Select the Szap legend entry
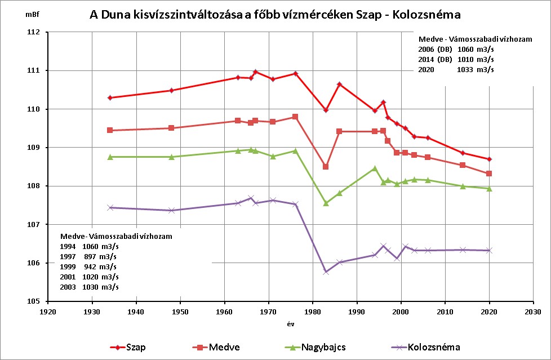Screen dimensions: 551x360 [x=128, y=348]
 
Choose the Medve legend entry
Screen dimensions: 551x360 [x=216, y=348]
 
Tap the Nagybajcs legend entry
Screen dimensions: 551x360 [x=315, y=348]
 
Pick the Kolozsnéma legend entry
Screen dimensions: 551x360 [x=425, y=348]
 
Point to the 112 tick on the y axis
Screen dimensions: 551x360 [x=33, y=32]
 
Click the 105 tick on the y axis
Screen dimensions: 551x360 [x=33, y=301]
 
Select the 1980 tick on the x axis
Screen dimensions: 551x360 [x=313, y=312]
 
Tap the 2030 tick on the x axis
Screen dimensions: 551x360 [x=533, y=312]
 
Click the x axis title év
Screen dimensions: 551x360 [x=291, y=324]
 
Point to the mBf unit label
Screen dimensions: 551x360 [x=32, y=15]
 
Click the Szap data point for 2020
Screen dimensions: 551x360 [x=489, y=159]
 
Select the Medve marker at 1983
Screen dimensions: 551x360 [x=326, y=166]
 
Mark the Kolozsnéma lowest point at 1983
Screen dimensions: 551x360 [x=326, y=272]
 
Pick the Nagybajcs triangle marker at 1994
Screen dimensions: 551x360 [x=375, y=168]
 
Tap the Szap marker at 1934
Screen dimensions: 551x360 [x=110, y=97]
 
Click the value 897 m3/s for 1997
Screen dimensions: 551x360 [x=100, y=257]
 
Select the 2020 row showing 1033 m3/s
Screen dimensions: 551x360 [x=456, y=70]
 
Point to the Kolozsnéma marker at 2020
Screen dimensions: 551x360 [x=489, y=250]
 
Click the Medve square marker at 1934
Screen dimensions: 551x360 [x=110, y=130]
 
